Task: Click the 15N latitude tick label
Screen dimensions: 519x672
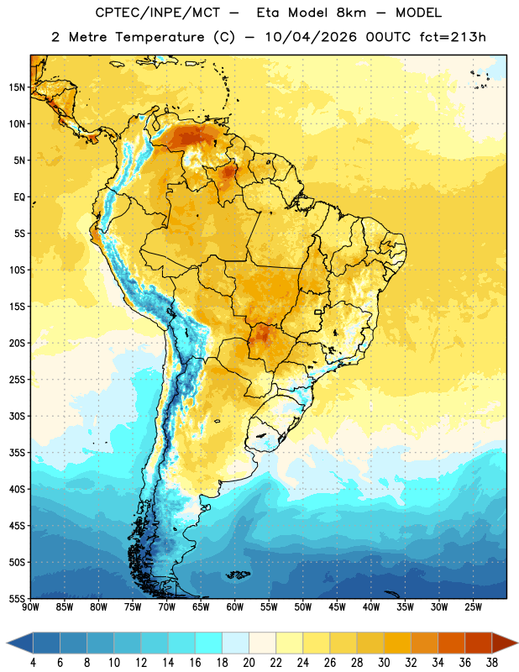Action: tap(17, 87)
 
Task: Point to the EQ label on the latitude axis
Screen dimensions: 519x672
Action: tap(19, 197)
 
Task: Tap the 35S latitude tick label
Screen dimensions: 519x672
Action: tap(17, 453)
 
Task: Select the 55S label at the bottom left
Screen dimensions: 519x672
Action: tap(17, 599)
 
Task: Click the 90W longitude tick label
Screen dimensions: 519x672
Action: tap(30, 607)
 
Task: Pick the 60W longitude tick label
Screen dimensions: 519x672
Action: tap(235, 607)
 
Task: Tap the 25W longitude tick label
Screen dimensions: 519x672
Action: tap(473, 607)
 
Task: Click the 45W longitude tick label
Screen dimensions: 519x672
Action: tap(337, 607)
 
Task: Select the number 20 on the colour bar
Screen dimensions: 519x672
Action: tap(249, 663)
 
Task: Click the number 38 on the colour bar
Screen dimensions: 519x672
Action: tap(492, 663)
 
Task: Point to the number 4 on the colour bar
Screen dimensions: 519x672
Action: tap(33, 663)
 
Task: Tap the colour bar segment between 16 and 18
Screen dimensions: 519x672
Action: tap(209, 643)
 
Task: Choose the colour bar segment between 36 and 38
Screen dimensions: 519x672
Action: tap(479, 643)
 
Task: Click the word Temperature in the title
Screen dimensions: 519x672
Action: tap(160, 37)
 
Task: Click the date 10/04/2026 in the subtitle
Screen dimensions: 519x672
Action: tap(311, 37)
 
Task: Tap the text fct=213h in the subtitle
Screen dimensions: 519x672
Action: tap(453, 37)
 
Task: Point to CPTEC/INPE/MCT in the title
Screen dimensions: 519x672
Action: tap(158, 13)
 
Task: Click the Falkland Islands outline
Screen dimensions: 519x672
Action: tap(238, 575)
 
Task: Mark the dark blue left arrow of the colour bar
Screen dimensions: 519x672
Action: tap(20, 643)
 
